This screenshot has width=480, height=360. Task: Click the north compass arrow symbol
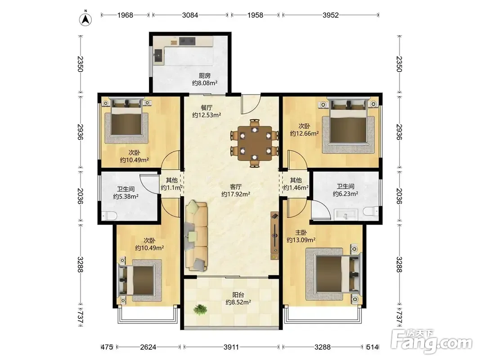86,20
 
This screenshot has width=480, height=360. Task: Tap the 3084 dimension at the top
190,15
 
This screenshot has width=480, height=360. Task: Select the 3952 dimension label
331,15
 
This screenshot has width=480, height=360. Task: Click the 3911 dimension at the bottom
231,347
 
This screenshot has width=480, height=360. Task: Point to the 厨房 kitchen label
205,76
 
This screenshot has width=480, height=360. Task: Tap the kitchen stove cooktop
187,41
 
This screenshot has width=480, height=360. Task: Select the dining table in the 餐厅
255,143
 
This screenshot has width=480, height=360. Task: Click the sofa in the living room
196,236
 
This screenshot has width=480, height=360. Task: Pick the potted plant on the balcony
200,309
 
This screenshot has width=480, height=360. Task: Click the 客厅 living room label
236,186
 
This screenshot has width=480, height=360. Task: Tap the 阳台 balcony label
238,295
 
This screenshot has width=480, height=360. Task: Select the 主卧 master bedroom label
301,233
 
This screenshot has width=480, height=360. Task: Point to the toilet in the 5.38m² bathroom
109,216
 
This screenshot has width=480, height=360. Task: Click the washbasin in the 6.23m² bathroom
346,214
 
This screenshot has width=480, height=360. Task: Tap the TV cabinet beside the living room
274,236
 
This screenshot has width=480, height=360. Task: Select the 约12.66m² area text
304,134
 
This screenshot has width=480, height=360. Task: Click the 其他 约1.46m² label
296,184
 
